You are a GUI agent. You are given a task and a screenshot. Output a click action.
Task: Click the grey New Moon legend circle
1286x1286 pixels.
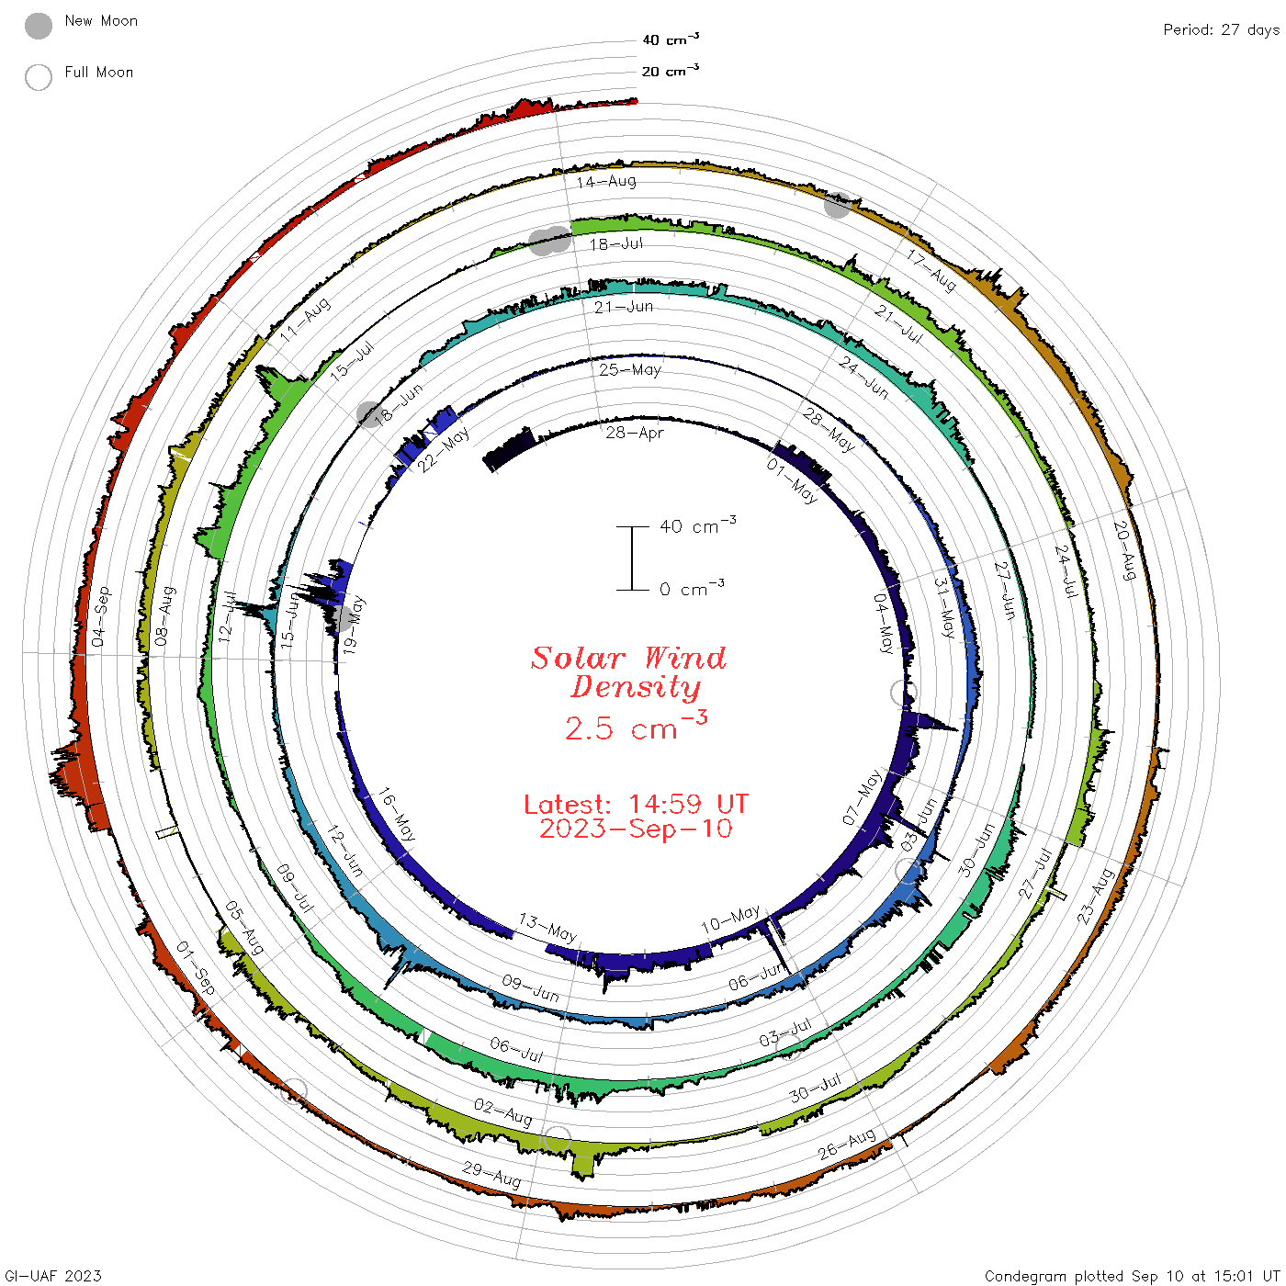pyautogui.click(x=38, y=26)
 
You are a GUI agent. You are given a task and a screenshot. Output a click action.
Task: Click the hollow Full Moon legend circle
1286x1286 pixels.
pyautogui.click(x=38, y=77)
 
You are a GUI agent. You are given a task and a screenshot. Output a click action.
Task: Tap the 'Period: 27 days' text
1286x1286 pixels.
pyautogui.click(x=1221, y=29)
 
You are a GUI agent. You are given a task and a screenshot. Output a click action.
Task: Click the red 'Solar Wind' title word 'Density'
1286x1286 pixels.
pyautogui.click(x=636, y=687)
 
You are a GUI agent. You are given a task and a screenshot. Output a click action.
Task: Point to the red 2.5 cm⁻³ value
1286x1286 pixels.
pyautogui.click(x=636, y=726)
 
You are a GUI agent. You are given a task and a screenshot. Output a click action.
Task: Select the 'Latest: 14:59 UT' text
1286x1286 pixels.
pyautogui.click(x=636, y=804)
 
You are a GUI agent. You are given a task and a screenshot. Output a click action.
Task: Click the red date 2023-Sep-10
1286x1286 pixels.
pyautogui.click(x=636, y=829)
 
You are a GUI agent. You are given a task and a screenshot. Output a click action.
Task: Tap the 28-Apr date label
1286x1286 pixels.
pyautogui.click(x=635, y=433)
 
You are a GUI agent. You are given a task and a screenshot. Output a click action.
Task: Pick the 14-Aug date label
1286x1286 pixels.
pyautogui.click(x=606, y=181)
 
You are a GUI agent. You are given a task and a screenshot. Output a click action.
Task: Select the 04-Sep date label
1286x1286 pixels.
pyautogui.click(x=101, y=616)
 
